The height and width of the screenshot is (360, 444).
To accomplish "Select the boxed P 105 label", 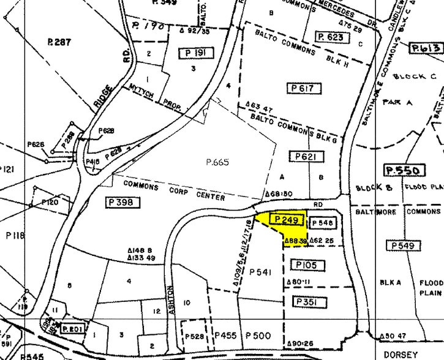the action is click(x=304, y=264).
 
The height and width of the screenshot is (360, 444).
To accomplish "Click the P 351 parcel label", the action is click(x=304, y=302).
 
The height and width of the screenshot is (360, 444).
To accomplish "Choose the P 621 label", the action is click(x=304, y=157).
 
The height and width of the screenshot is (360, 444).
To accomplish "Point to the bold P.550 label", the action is click(x=397, y=170).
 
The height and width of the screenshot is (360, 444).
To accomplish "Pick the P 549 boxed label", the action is click(x=404, y=246).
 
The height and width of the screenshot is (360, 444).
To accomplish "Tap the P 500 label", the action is click(x=257, y=336).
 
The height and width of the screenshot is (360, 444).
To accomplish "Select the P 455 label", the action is click(x=225, y=336).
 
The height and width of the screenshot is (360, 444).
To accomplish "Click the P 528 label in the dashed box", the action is click(x=194, y=337).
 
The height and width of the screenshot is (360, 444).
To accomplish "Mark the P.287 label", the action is click(x=59, y=42).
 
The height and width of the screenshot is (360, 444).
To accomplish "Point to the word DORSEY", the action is click(x=401, y=354).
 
